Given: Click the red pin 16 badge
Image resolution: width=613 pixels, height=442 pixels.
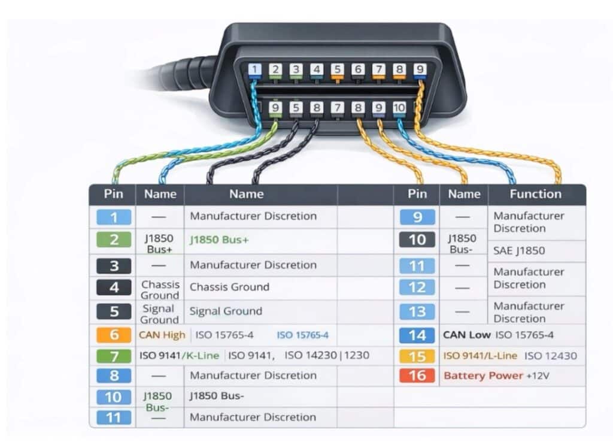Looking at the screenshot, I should (x=417, y=376).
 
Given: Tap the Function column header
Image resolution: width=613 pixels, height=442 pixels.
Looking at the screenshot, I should (x=535, y=194).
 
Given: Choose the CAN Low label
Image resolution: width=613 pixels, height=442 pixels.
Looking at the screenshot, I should (x=466, y=335).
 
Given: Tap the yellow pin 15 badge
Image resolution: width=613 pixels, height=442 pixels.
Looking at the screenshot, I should (x=417, y=356).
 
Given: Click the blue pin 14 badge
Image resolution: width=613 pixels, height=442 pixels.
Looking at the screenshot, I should (x=417, y=335).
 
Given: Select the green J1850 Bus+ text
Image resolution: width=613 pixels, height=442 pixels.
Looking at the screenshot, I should (x=219, y=240).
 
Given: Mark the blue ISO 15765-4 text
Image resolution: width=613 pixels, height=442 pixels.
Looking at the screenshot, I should (x=302, y=335).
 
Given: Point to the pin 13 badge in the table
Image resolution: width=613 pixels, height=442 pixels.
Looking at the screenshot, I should (x=417, y=311).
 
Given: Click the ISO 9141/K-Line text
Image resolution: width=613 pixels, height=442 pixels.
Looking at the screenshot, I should (x=180, y=356).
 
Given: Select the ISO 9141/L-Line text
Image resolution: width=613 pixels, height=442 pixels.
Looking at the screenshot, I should (x=480, y=356).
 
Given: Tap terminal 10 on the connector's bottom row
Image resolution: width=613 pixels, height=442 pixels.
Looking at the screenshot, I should (x=399, y=108).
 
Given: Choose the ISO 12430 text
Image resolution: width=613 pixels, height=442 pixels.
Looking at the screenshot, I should (x=551, y=356).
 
